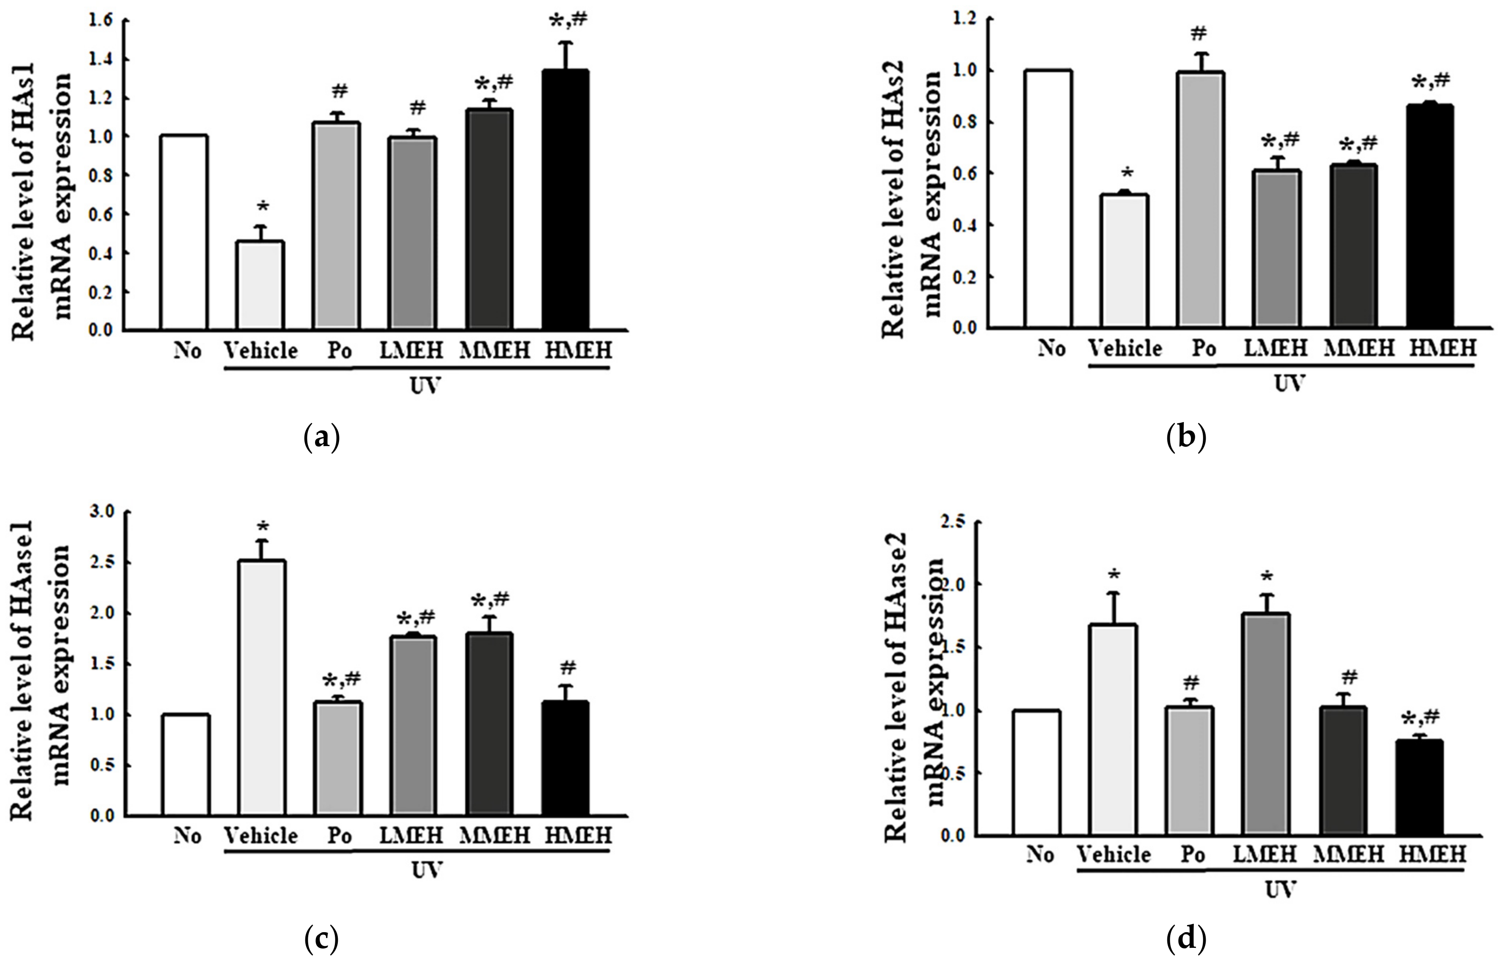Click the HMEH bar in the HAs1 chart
click(565, 200)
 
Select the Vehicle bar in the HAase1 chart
click(261, 688)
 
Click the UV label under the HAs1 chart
click(426, 386)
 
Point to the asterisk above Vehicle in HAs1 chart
click(263, 207)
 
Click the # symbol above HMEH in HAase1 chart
click(567, 668)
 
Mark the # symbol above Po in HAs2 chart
click(1200, 33)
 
